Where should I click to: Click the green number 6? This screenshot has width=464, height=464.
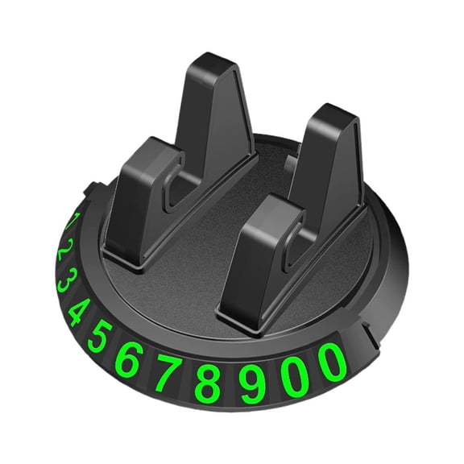click(129, 361)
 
